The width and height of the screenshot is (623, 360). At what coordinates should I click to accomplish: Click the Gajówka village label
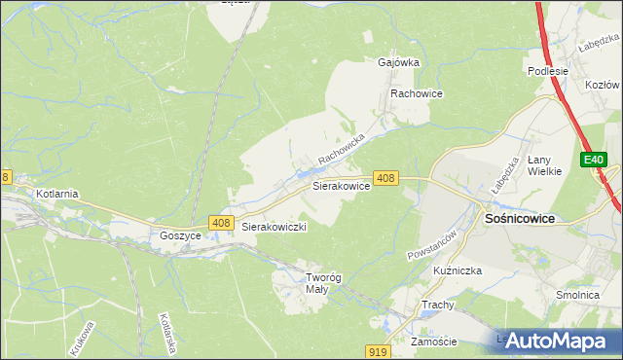pos(398,61)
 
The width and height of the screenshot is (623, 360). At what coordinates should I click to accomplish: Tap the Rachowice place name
pos(417,93)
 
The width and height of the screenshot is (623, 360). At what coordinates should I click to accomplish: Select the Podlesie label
pos(547,71)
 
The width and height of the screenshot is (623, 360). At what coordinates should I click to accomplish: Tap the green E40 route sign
pos(594,160)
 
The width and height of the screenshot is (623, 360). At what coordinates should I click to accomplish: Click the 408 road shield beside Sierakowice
pos(386,178)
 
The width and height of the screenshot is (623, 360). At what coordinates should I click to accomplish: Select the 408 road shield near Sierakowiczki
pos(220,224)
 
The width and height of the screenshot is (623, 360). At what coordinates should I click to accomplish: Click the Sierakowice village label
pos(340,185)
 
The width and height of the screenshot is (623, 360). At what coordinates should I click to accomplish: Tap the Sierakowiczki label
pos(275,227)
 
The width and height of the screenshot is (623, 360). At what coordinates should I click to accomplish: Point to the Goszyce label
pos(180,235)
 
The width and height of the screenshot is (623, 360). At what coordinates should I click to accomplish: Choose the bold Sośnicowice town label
pos(520,219)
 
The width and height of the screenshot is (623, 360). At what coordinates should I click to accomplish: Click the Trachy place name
pos(438,305)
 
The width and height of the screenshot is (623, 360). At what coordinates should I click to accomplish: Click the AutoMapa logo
pos(558,341)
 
